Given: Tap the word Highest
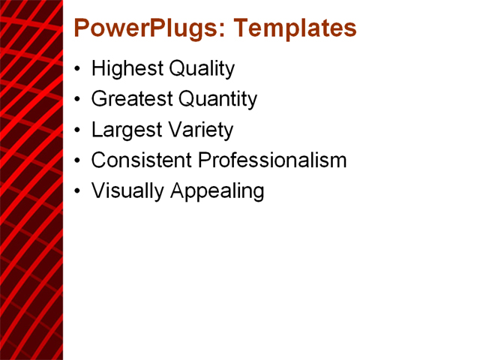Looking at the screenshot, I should point(127,69).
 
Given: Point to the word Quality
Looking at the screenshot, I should point(201,69).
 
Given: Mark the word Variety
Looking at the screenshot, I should point(200,130).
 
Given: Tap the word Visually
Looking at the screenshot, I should point(127,190).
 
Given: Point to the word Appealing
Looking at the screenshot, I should point(217,190).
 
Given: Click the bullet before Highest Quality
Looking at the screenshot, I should point(79,70).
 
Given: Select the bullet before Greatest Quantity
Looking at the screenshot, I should point(79,100).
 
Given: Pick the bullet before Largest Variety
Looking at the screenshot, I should point(79,130).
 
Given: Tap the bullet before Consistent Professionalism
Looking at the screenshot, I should point(79,160).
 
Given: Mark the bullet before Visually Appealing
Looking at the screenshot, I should point(79,191).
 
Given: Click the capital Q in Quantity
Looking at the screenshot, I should point(187,99).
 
